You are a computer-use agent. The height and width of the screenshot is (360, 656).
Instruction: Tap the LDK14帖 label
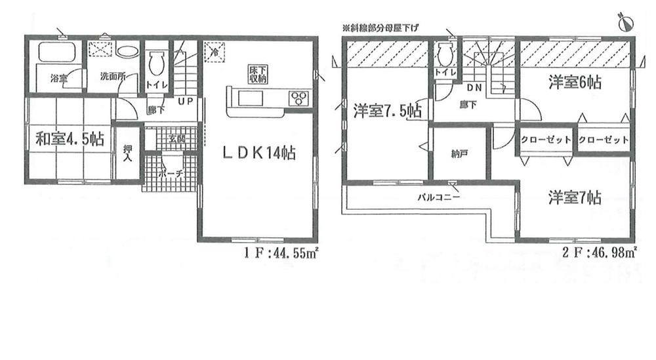pos(257,153)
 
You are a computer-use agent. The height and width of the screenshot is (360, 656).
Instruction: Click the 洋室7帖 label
pos(575,196)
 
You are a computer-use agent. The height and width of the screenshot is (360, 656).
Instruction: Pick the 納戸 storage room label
pos(459,155)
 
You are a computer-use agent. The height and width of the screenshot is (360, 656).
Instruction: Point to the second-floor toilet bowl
pos(445,53)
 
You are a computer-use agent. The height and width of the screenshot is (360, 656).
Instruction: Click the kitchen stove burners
pos(298,98)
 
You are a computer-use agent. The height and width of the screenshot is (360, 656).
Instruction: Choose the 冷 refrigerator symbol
pos(214,50)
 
